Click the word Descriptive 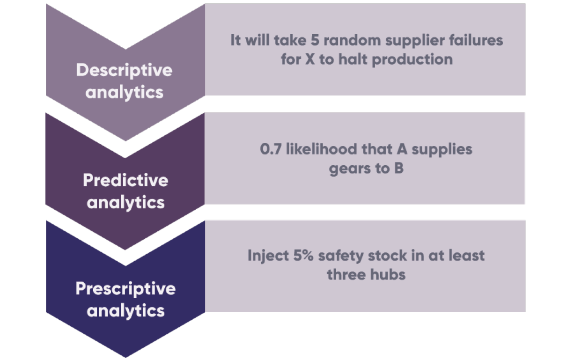[124, 70]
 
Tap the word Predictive [125, 180]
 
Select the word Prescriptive [125, 288]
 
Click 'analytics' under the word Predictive [125, 203]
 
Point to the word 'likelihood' [321, 149]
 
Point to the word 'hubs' [387, 275]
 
